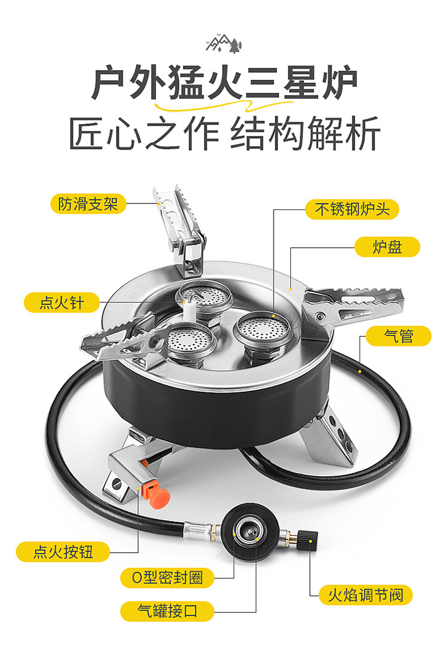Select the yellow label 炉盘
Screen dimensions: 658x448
[x=387, y=247]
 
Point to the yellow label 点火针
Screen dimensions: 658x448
[x=62, y=303]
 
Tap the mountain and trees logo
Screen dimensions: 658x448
[x=223, y=43]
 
